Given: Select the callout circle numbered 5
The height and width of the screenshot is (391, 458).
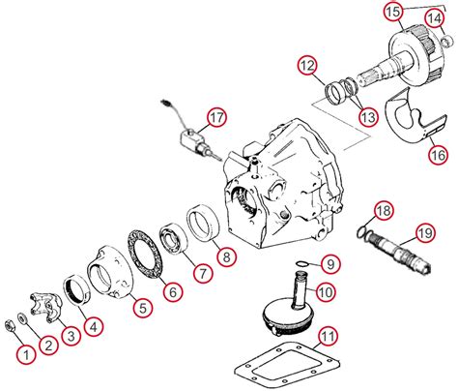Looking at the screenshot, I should (x=142, y=309).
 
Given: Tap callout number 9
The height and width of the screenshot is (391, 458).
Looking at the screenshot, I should (x=329, y=263).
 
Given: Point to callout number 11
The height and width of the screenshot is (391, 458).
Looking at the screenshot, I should (x=329, y=337).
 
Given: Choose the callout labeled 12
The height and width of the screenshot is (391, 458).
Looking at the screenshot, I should (x=306, y=66).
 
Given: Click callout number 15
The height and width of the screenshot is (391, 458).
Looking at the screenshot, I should (x=391, y=12).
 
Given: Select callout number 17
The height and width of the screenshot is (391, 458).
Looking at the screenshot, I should (x=216, y=118).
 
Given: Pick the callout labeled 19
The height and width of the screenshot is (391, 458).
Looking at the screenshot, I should (x=423, y=231).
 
